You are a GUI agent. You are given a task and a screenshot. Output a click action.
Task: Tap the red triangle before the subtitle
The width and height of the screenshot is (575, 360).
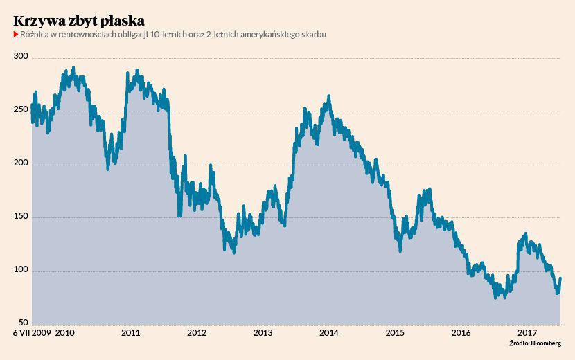[15, 35]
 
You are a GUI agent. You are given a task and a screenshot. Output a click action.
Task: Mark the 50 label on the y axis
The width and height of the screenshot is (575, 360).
[22, 323]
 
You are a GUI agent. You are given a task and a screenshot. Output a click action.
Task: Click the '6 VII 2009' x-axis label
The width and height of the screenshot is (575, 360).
[31, 333]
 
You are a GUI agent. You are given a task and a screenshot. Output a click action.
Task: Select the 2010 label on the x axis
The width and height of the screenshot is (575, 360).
[65, 333]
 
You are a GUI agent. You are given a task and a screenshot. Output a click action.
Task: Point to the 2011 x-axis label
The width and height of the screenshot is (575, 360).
[131, 333]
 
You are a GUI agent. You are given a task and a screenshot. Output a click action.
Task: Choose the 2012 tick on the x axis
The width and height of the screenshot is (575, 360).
[197, 333]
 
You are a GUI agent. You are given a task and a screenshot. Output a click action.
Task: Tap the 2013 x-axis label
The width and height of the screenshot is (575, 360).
[263, 333]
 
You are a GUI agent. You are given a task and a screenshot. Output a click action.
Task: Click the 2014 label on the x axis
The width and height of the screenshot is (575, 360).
[329, 333]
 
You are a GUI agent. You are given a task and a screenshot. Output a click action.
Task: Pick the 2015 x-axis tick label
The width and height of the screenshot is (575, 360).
[395, 333]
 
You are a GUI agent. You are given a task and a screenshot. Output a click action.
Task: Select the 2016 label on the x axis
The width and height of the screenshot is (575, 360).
[461, 333]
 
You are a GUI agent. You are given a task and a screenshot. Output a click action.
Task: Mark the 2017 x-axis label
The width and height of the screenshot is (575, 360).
[527, 333]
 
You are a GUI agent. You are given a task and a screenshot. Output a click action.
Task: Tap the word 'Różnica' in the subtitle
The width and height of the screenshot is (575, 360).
[35, 35]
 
